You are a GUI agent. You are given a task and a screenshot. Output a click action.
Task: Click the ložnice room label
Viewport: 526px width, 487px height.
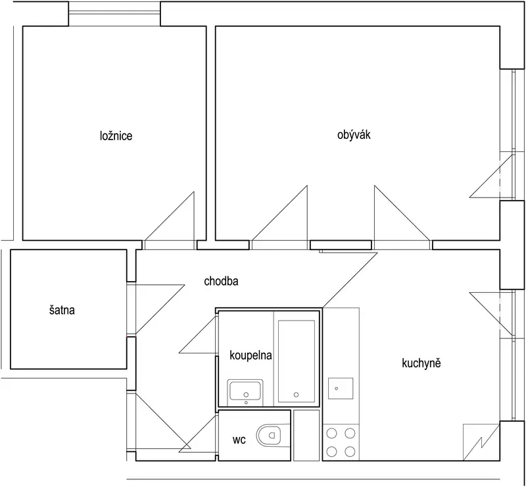(116, 136)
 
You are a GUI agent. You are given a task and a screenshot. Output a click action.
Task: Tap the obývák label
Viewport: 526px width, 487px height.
(354, 135)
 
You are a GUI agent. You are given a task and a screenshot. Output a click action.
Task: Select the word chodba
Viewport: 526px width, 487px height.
(221, 281)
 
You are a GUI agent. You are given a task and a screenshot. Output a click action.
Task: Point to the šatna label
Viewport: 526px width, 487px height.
(62, 310)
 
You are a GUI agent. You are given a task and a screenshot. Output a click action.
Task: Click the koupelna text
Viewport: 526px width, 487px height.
(251, 355)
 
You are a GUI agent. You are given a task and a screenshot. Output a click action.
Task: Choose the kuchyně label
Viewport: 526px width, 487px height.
(421, 363)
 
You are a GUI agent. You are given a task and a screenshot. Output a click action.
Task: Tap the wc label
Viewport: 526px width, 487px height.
(239, 440)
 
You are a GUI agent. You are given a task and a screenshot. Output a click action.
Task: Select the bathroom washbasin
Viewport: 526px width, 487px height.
(245, 392)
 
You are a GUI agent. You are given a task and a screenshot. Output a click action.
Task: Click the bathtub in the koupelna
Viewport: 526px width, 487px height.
(297, 361)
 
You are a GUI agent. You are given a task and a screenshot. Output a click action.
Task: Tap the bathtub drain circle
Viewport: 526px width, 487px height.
(296, 395)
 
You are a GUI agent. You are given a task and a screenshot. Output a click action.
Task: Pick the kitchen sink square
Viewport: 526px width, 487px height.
(341, 388)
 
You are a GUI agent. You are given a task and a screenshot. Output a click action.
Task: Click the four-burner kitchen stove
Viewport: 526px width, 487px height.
(341, 442)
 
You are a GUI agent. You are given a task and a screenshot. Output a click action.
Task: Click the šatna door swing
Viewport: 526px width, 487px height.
(160, 309)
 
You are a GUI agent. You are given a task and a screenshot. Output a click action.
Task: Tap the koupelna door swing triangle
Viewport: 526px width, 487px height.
(199, 334)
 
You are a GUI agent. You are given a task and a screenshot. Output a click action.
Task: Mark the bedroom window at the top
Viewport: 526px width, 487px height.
(114, 13)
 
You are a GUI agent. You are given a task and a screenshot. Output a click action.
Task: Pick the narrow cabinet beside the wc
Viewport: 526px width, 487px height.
(306, 435)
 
